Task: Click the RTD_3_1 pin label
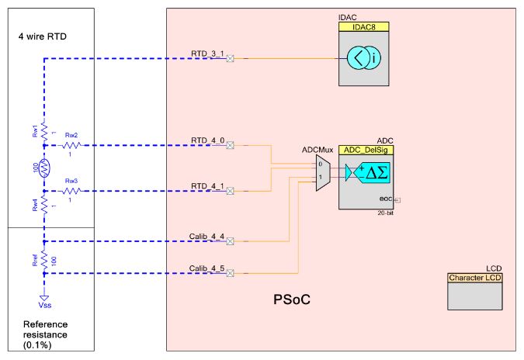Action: [207, 54]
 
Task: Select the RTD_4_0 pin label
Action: [207, 140]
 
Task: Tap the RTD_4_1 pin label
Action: [207, 185]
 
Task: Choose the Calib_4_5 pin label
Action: [207, 268]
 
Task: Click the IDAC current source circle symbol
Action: [363, 58]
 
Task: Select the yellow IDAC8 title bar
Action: [363, 26]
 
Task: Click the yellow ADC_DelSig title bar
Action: [363, 138]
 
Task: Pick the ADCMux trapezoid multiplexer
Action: [321, 171]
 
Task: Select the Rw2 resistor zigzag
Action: [71, 145]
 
